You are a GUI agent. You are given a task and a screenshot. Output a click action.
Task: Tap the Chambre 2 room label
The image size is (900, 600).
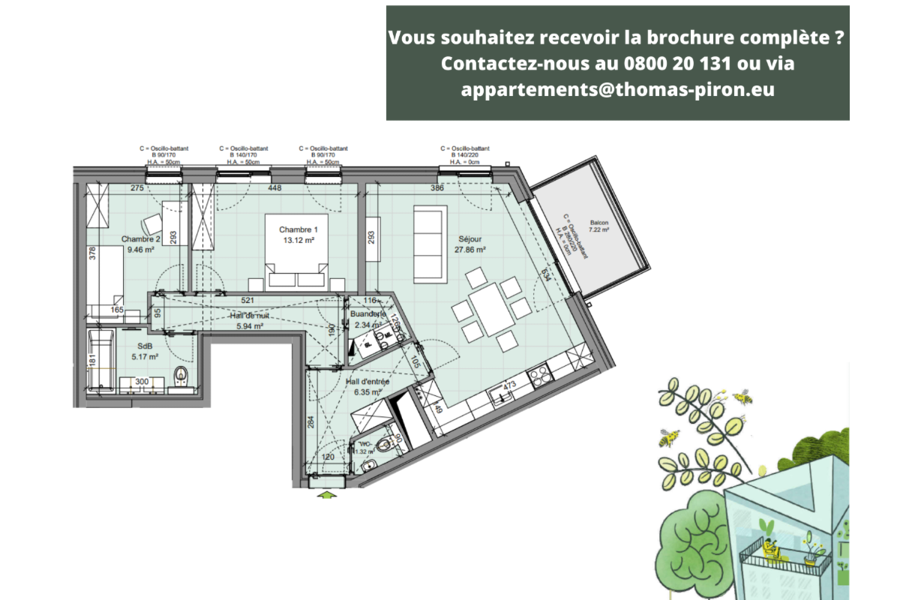[x=137, y=239]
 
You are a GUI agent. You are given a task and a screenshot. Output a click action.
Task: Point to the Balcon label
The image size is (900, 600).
[x=599, y=223]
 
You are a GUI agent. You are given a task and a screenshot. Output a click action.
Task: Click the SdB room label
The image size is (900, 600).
[x=145, y=346]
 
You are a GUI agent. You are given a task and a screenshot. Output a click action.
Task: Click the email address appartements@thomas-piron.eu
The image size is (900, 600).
[x=617, y=89]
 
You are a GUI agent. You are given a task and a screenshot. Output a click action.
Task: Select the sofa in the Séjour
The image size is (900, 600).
[x=428, y=243]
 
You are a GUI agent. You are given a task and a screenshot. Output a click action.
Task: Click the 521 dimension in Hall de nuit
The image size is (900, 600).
[x=248, y=301]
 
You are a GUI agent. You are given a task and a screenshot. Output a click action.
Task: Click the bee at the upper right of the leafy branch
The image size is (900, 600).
[x=742, y=395]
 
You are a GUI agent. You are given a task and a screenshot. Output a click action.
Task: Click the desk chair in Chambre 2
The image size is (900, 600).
[x=153, y=223]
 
